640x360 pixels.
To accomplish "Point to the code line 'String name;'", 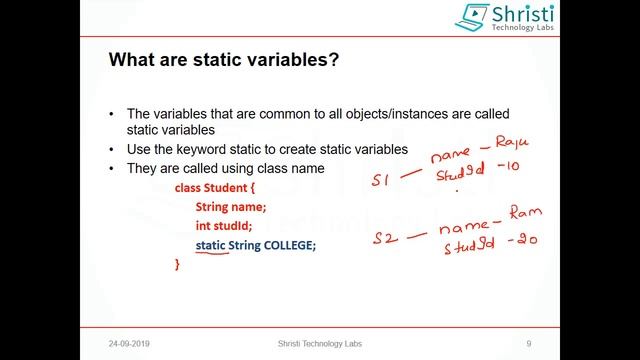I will tap(231, 207).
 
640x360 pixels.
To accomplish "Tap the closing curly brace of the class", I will tap(178, 265).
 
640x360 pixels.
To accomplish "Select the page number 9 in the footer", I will tap(528, 343).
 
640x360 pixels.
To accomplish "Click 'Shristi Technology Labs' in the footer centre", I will tap(320, 343).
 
